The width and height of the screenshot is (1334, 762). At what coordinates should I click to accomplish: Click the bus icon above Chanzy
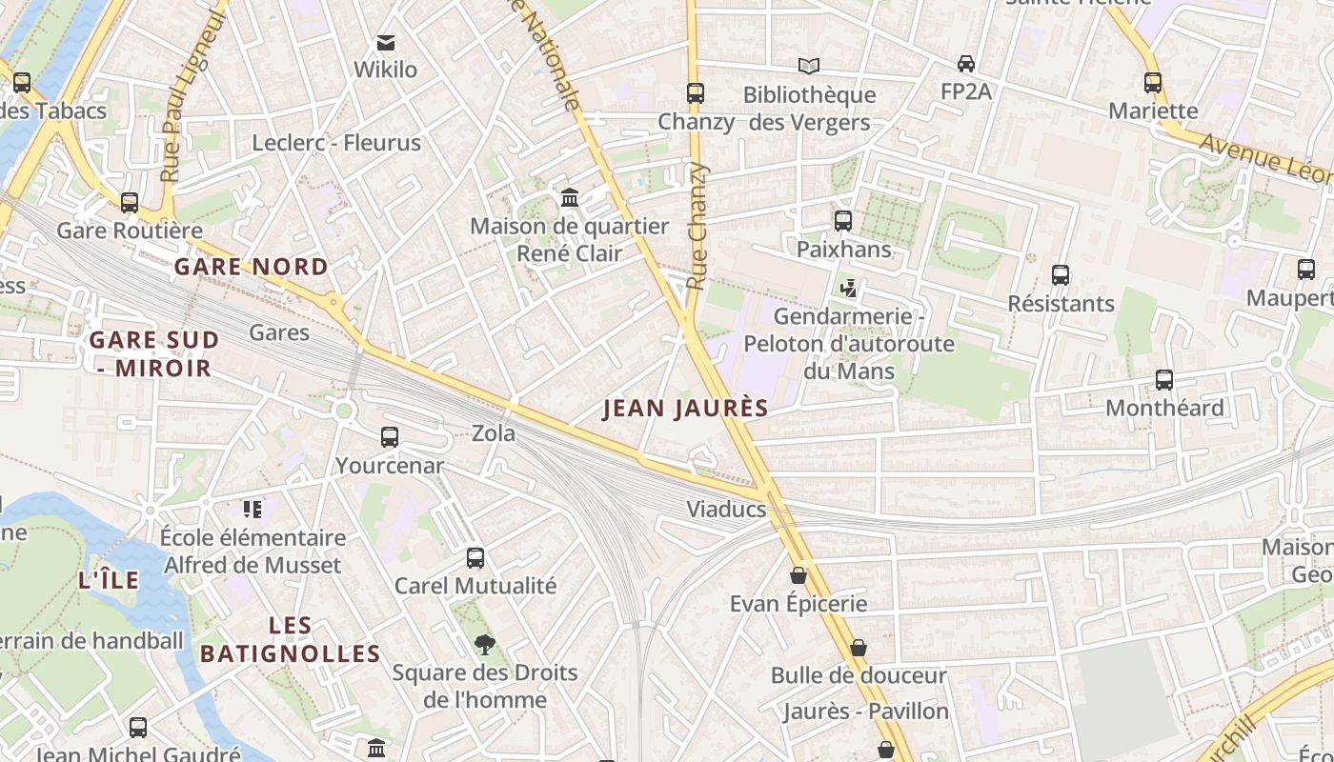click(696, 93)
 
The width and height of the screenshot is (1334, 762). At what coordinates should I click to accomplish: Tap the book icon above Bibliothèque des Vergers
click(809, 66)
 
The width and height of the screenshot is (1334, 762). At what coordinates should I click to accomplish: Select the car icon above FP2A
click(966, 64)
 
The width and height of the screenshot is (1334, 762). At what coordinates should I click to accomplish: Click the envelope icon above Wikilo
click(386, 43)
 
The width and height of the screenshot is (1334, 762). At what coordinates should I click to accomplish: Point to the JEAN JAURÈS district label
click(686, 409)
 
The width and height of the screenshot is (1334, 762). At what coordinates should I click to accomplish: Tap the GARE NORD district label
click(252, 267)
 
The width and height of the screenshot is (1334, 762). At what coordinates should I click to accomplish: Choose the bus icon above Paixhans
click(843, 221)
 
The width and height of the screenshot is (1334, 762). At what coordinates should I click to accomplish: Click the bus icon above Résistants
click(1061, 275)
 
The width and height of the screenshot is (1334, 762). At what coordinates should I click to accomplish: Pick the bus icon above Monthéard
click(1164, 380)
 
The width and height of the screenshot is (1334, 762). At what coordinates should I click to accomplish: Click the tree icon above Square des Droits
click(485, 645)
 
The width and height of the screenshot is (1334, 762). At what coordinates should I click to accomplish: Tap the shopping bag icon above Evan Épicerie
click(798, 575)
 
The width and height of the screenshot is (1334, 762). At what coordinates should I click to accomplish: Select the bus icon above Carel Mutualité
click(475, 558)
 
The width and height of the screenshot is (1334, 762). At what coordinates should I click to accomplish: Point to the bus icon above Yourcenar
click(390, 437)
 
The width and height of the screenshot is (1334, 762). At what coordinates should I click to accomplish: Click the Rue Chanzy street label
click(698, 226)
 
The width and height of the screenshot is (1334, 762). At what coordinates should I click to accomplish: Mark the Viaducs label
click(727, 510)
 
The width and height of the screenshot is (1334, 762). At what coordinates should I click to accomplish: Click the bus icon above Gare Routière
click(130, 203)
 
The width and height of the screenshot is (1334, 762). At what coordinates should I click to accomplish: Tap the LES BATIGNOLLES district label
click(291, 639)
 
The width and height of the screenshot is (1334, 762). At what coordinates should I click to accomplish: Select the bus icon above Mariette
click(1153, 83)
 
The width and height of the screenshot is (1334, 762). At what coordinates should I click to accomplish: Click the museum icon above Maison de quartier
click(570, 198)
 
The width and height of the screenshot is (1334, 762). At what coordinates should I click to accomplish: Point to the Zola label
click(494, 433)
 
